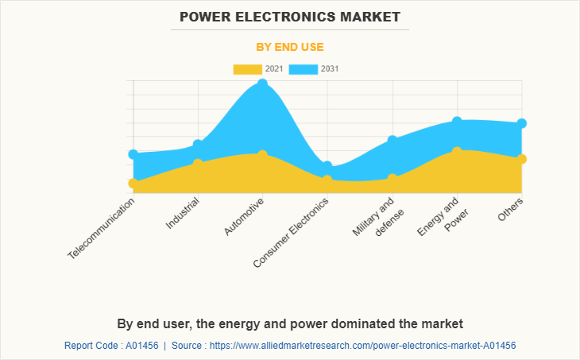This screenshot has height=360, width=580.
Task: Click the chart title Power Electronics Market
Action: coord(290,16)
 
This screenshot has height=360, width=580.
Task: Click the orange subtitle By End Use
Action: coord(290,47)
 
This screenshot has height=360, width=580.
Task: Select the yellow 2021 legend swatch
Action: coord(247,69)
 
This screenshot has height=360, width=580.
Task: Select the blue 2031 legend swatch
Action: coord(304,69)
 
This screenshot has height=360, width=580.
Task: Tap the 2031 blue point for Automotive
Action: coord(263,84)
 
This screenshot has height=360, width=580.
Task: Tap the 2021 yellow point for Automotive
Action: coord(263,155)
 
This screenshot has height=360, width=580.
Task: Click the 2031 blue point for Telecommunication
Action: coord(133,154)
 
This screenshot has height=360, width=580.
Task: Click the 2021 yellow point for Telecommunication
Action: coord(133,184)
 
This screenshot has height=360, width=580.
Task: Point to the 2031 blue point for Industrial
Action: coord(199,145)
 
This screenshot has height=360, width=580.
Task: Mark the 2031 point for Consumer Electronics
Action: coord(327,166)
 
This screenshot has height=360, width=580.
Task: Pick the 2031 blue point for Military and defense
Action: coord(392,141)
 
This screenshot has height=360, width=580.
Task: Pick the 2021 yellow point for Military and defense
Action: coord(392,179)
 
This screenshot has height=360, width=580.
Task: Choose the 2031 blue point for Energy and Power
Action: coord(457,122)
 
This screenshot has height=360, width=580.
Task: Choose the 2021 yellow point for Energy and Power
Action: coord(457,151)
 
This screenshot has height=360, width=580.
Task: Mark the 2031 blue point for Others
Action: coord(522,123)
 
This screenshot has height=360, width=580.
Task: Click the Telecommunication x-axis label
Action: coord(102,228)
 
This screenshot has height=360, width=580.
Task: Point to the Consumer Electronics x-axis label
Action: coord(292,232)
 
